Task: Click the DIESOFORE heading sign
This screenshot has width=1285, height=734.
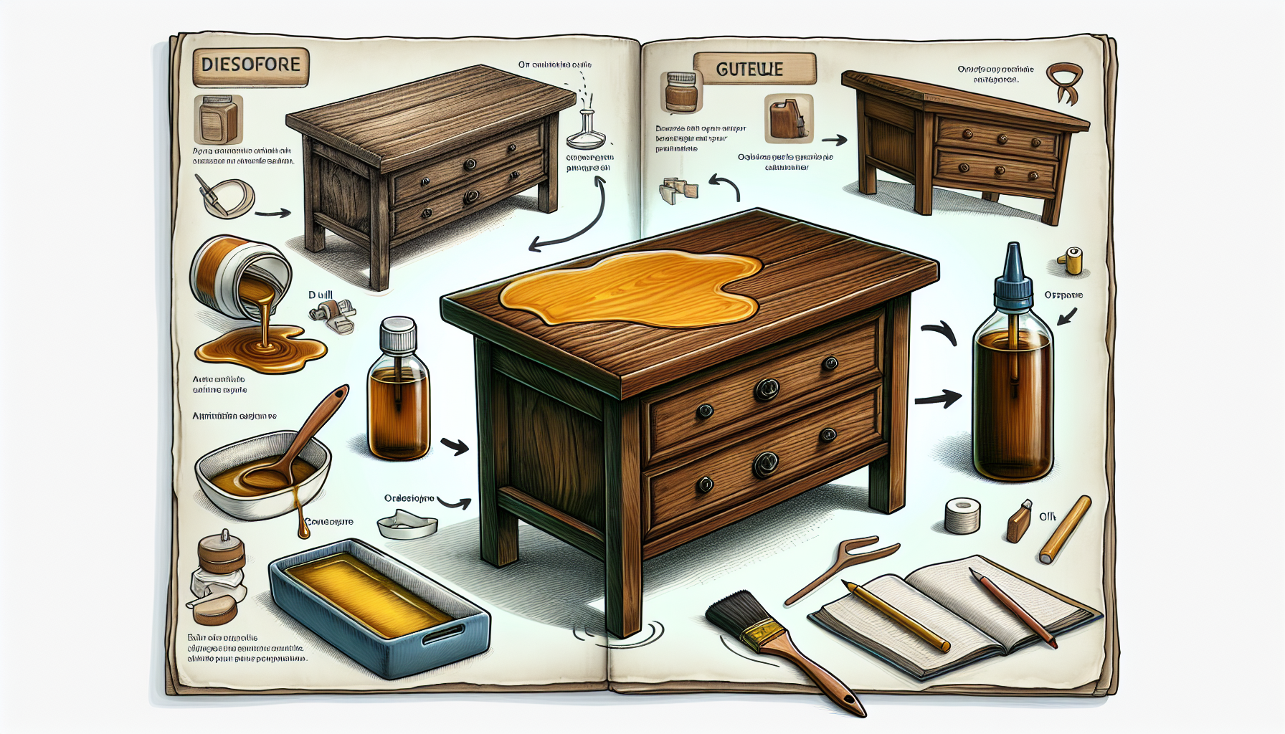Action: (251, 65)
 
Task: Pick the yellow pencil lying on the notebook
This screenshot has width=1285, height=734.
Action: (896, 616)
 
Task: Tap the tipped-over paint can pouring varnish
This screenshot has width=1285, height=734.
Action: (240, 276)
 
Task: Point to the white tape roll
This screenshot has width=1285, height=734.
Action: (962, 516)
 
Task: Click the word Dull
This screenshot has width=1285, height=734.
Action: (321, 295)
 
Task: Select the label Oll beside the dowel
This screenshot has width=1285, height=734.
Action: (1048, 516)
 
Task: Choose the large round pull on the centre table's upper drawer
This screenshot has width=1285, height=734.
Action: (767, 389)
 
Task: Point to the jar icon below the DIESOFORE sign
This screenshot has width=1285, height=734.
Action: (218, 120)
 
